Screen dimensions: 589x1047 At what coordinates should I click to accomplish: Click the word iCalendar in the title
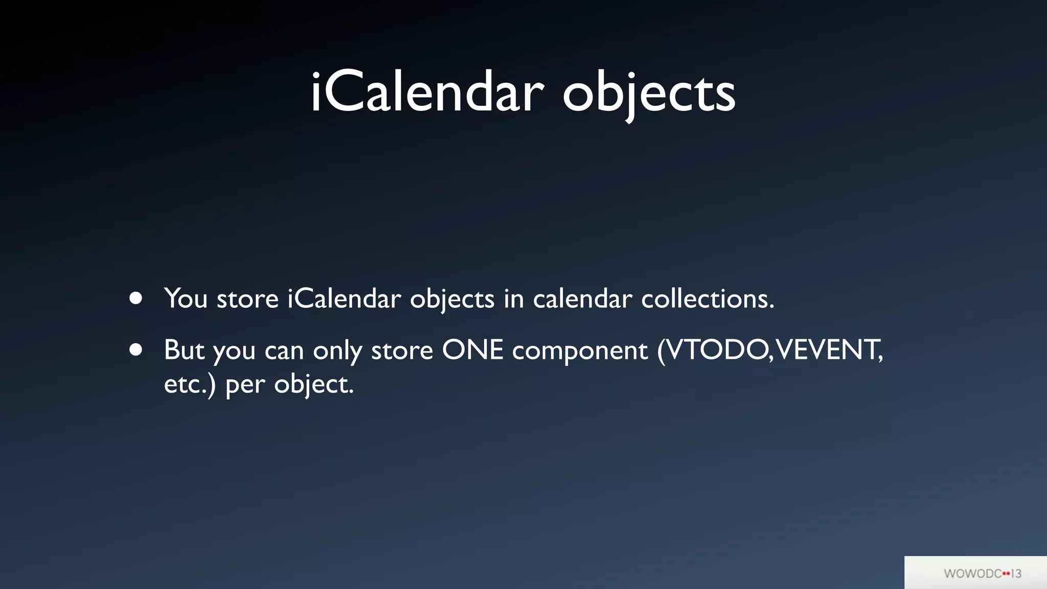pos(427,93)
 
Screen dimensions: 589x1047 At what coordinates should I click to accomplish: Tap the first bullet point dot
pos(136,298)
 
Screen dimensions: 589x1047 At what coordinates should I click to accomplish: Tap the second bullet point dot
pos(136,350)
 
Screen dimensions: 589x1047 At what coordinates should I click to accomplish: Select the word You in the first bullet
pos(185,298)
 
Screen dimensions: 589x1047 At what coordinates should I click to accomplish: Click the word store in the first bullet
pos(247,299)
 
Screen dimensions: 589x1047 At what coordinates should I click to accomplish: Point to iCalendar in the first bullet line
pos(344,298)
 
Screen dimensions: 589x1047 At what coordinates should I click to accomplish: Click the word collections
pos(708,298)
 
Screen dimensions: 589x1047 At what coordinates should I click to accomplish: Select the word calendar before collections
pos(582,298)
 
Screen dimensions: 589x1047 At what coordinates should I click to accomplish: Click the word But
pos(184,350)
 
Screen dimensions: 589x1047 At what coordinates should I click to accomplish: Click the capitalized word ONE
pos(472,350)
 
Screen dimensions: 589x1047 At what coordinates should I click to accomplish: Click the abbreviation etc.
pos(187,384)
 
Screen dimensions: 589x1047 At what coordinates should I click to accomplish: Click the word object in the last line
pos(313,385)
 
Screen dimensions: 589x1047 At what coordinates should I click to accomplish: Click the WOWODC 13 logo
pos(982,573)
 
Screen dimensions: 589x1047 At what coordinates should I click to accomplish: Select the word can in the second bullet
pos(284,352)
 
